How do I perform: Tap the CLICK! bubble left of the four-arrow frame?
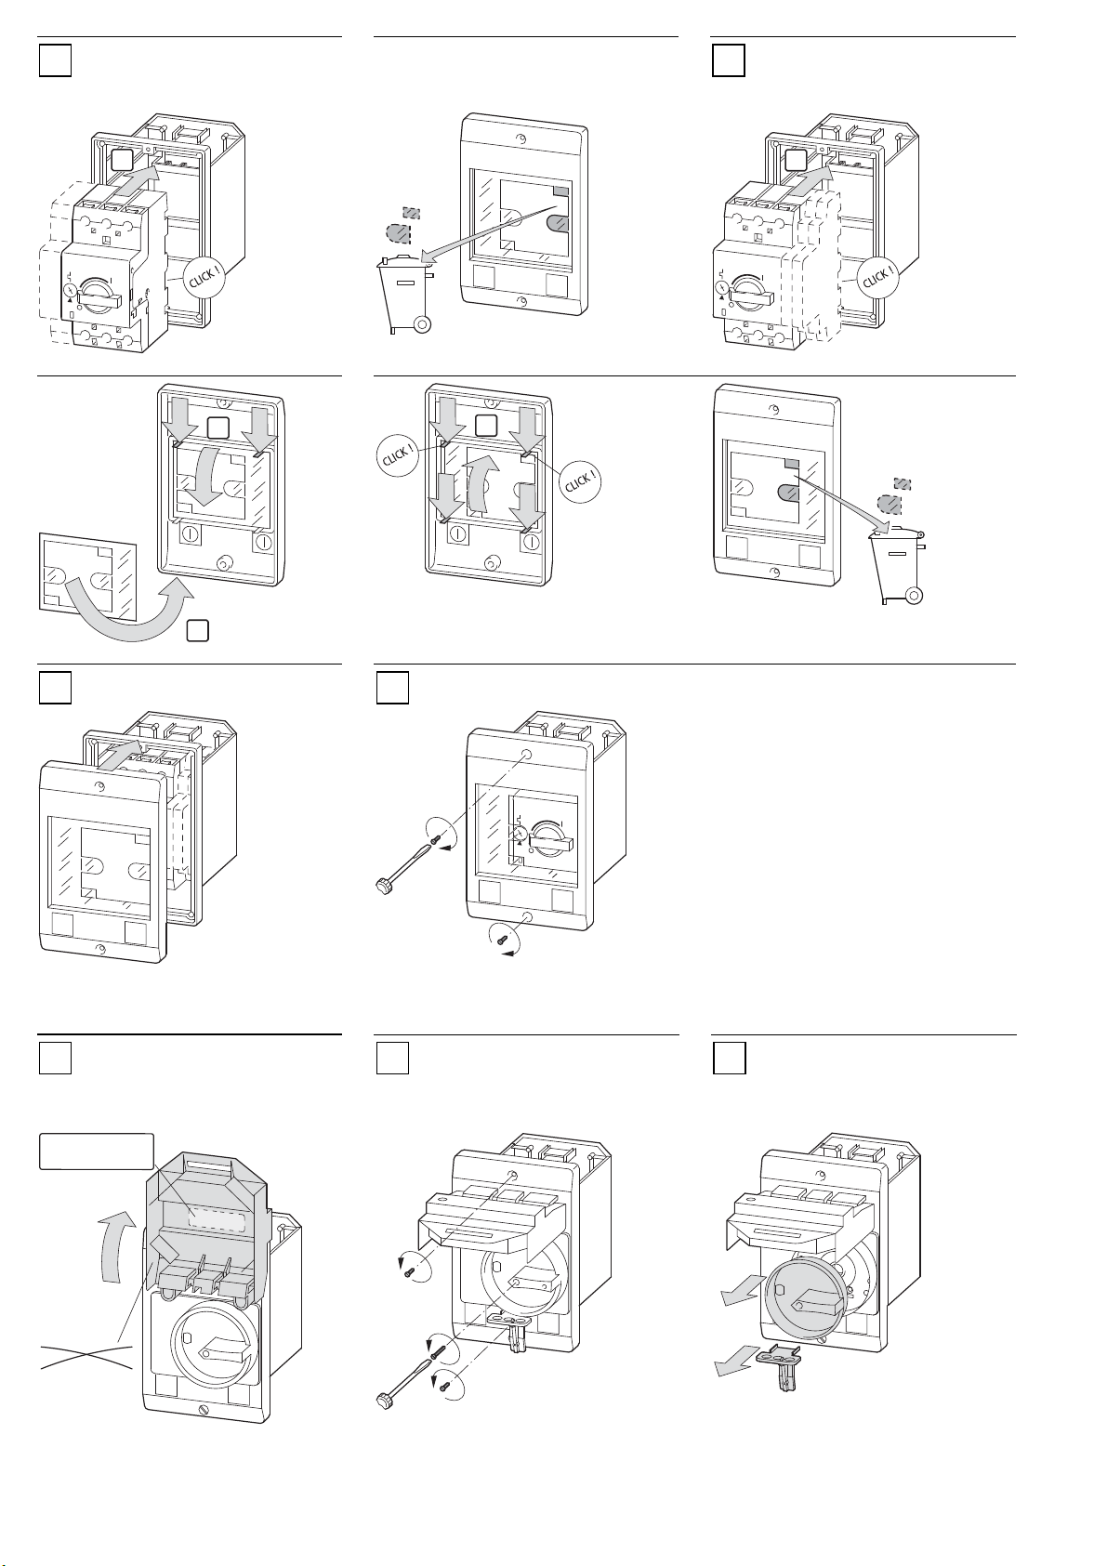(399, 457)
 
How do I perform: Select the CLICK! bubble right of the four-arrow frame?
(581, 481)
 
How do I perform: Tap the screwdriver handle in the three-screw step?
(383, 1400)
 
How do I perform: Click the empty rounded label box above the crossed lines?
(96, 1151)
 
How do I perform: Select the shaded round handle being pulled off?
(805, 1305)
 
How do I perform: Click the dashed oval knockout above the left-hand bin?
(398, 231)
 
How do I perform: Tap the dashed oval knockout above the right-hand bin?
(890, 505)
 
